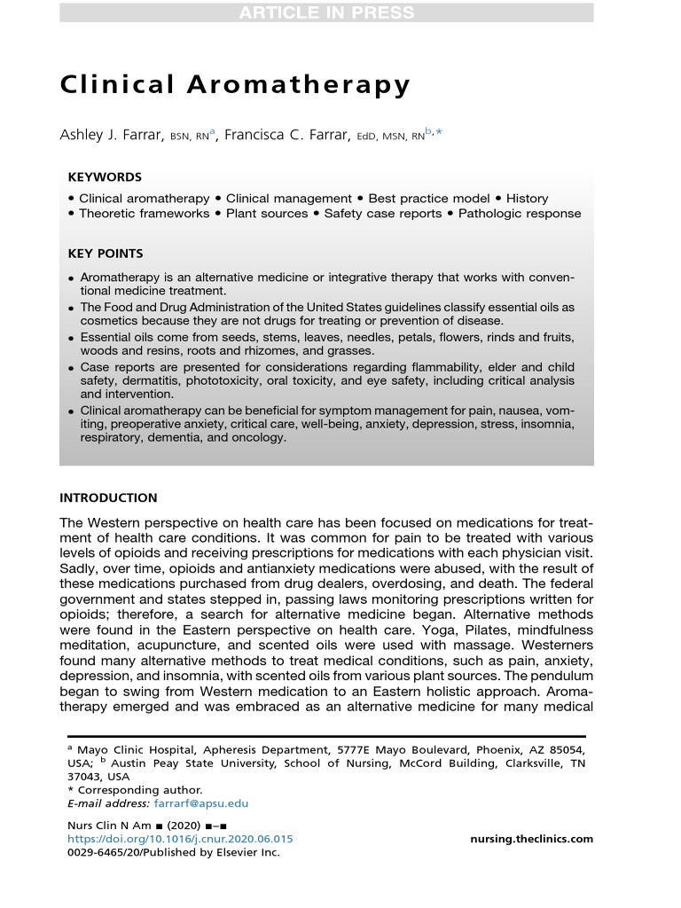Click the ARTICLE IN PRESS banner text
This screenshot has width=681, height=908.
tap(340, 12)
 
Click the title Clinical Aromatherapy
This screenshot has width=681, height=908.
tap(235, 85)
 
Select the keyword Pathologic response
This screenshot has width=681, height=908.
tap(520, 214)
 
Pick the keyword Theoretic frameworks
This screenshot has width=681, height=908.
tap(144, 214)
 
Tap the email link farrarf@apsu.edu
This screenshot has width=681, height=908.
tap(201, 803)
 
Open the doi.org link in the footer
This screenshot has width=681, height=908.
tap(180, 839)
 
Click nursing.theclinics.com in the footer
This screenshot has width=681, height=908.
tap(530, 839)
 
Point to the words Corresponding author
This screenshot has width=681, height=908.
tap(140, 790)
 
